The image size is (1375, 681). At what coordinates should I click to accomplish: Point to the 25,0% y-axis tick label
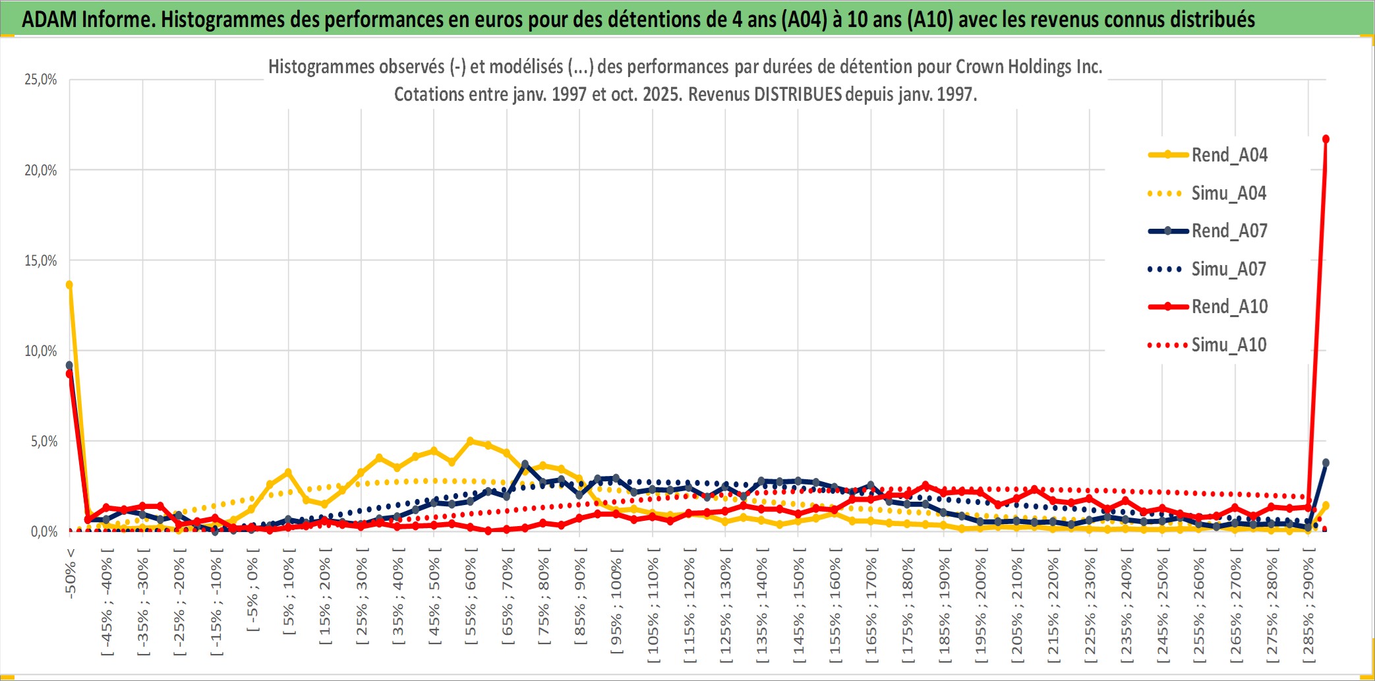pos(41,80)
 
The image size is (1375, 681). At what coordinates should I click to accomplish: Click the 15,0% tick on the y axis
pos(41,260)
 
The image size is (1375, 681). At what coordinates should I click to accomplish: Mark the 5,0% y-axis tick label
pos(44,441)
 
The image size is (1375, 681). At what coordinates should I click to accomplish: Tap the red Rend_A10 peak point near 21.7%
pos(1326,139)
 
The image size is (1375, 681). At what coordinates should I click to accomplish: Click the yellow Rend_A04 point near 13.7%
pos(69,285)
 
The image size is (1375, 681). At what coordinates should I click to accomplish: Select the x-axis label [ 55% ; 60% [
pos(471,600)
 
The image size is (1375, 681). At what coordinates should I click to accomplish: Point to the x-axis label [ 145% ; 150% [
pos(798,605)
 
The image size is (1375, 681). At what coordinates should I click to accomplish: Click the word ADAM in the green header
pos(49,19)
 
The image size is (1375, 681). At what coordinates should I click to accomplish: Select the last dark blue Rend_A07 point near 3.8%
pos(1326,463)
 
